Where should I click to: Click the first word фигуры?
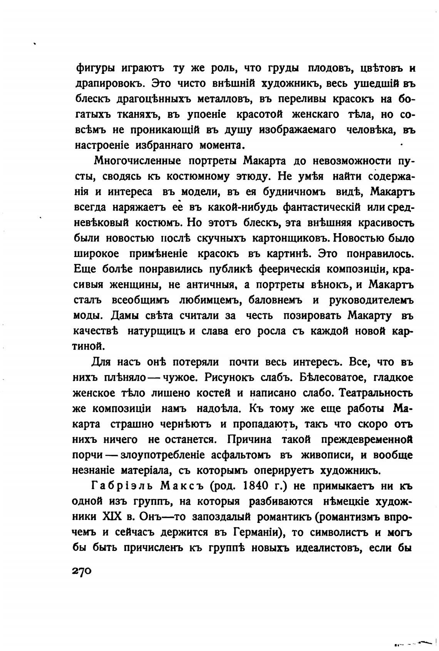click(91, 68)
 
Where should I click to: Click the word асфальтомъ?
click(241, 455)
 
